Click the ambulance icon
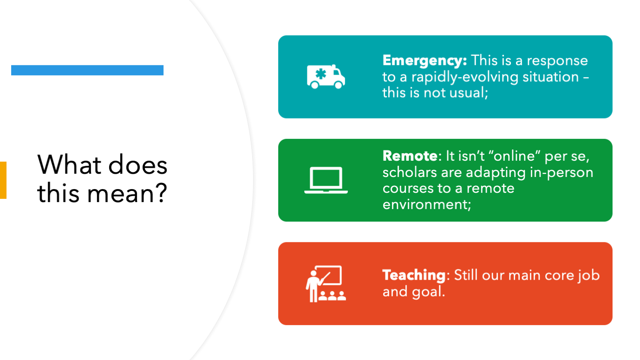(x=326, y=77)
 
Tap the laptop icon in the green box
(x=326, y=180)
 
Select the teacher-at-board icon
(x=326, y=284)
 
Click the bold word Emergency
(x=424, y=61)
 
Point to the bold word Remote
(x=410, y=156)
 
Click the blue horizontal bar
(x=87, y=70)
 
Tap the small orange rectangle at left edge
(x=3, y=180)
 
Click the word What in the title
(x=69, y=165)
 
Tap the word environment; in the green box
(x=426, y=204)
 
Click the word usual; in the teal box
(x=468, y=93)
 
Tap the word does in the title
(x=138, y=165)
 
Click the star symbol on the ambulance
(x=320, y=74)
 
